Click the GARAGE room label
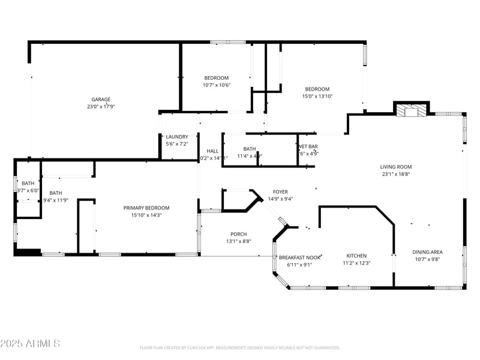click(100, 99)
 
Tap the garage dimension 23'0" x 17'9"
click(100, 107)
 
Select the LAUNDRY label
click(177, 137)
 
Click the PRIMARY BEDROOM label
click(146, 208)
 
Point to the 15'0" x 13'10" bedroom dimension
click(317, 96)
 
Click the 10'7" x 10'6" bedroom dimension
click(217, 85)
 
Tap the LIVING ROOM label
click(396, 167)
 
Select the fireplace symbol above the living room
click(412, 110)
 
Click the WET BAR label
click(308, 146)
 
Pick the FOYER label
click(280, 192)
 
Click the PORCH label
click(238, 234)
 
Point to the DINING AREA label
click(427, 252)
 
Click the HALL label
click(212, 151)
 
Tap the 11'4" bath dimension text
click(250, 156)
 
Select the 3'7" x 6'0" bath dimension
click(28, 190)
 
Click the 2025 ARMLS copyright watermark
click(30, 344)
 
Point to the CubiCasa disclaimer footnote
click(240, 347)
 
